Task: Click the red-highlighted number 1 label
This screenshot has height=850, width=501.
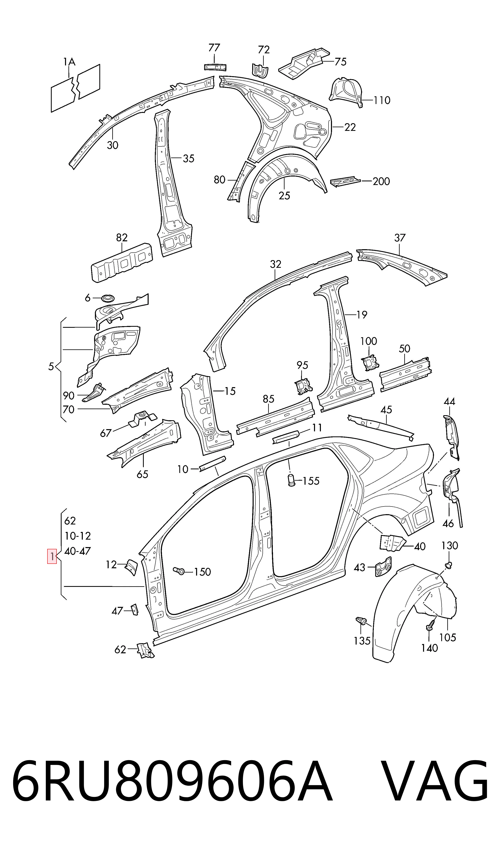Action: (52, 556)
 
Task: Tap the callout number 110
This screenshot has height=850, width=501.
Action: (382, 100)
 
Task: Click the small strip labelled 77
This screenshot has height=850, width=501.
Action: (215, 67)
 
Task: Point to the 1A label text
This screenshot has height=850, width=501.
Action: (69, 62)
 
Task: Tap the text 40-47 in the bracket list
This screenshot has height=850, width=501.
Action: (77, 551)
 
